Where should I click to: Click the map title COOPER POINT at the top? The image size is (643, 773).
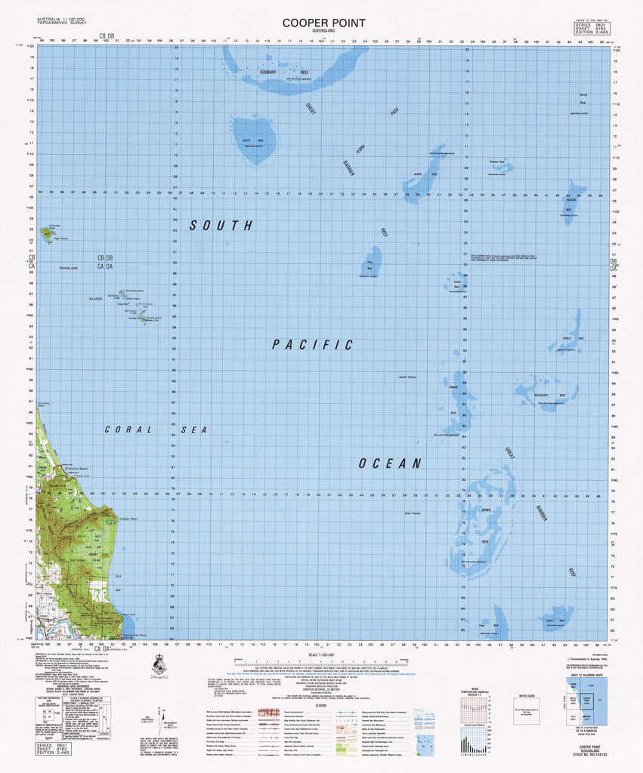coord(323,23)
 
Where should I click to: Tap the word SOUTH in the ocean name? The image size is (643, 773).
coord(221,225)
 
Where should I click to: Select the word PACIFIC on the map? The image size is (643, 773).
coord(313,345)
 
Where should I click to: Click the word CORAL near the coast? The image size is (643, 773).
coord(128,430)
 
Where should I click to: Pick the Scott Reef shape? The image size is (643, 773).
coord(251,140)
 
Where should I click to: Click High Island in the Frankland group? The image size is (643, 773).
coord(48,234)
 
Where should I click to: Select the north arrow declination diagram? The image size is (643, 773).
coord(162,717)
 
